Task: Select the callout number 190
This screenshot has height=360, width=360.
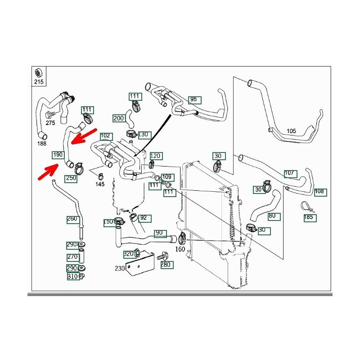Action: click(x=58, y=155)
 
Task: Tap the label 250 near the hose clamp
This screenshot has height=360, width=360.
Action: click(x=71, y=178)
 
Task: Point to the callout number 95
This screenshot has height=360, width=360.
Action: click(x=194, y=99)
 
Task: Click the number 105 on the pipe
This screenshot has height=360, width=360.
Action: click(x=291, y=131)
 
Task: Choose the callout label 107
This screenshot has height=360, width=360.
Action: click(x=290, y=173)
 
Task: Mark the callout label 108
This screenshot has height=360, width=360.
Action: click(x=319, y=191)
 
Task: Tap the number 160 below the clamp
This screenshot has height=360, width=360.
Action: click(x=180, y=248)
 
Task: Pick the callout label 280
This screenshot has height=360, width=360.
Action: click(x=166, y=265)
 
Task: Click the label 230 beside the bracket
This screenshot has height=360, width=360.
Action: click(x=119, y=269)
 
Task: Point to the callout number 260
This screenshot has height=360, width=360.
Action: click(x=72, y=219)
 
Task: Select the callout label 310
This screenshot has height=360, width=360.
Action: click(x=72, y=276)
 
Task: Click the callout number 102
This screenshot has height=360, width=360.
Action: click(x=105, y=135)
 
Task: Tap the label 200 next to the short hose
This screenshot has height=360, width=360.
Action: click(x=118, y=118)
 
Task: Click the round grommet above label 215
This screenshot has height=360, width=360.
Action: click(x=39, y=72)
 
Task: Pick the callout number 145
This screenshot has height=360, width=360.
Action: click(x=100, y=184)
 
